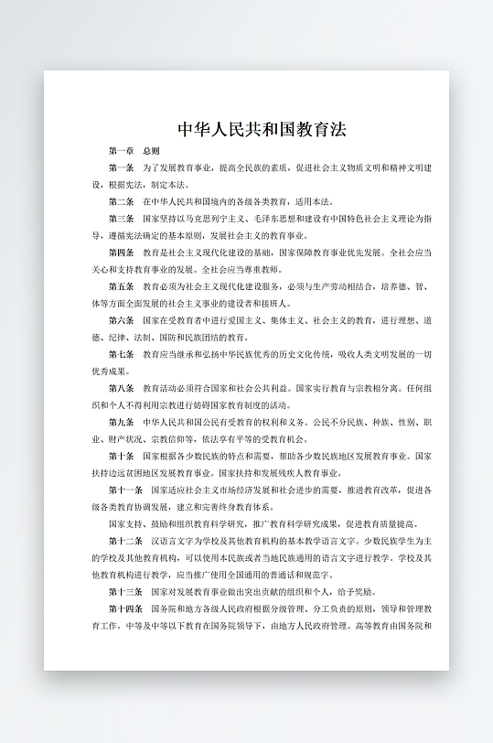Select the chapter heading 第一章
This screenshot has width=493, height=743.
[x=121, y=151]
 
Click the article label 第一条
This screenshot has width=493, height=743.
[x=121, y=168]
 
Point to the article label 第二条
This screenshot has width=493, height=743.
[x=121, y=201]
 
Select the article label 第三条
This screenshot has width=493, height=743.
[x=121, y=219]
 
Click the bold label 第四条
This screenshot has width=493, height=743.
[x=121, y=253]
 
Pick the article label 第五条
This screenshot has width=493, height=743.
[x=121, y=286]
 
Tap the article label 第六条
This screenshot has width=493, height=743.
[x=121, y=320]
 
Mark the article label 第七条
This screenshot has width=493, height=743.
[x=121, y=354]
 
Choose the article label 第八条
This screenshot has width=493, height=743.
[x=121, y=388]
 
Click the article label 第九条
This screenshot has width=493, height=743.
[x=121, y=422]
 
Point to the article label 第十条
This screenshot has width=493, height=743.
[x=121, y=456]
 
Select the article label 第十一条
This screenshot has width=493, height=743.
[x=123, y=490]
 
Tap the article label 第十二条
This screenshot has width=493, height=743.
[x=123, y=541]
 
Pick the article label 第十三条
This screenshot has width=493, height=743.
[x=123, y=591]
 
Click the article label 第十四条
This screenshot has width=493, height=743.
[x=123, y=608]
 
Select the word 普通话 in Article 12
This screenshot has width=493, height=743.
[x=274, y=575]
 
